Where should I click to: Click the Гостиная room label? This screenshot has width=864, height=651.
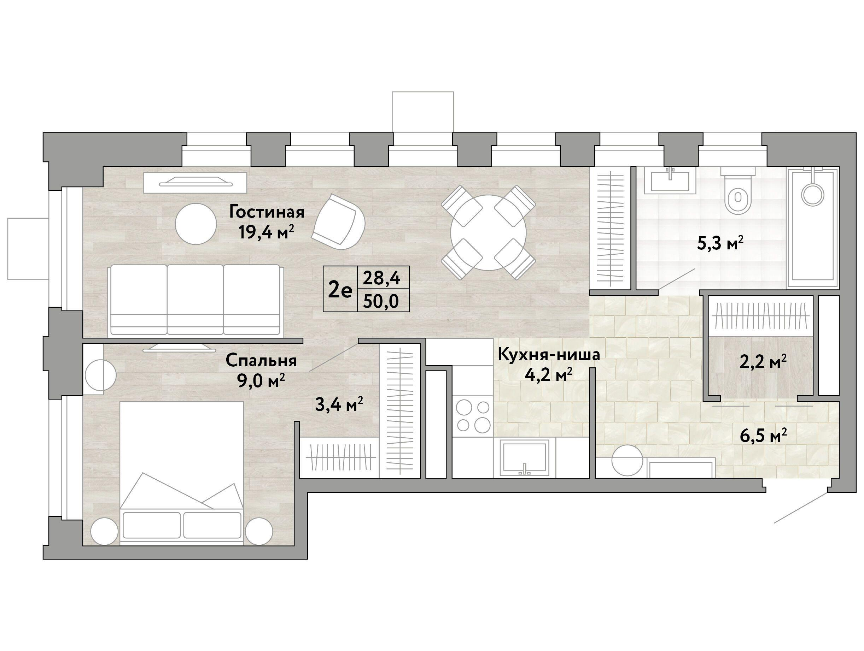coord(267,212)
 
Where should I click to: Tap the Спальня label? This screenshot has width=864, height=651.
coord(261,361)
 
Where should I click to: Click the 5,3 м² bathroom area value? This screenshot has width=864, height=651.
coord(720,244)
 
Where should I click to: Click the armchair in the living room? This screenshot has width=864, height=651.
coord(339,222)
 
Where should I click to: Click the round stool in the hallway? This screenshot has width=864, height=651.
coord(627,460)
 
